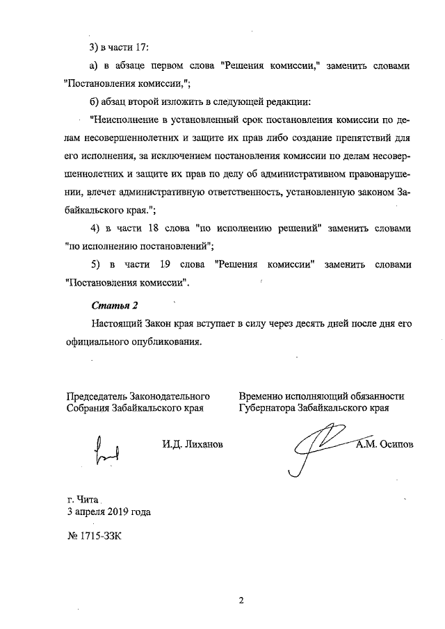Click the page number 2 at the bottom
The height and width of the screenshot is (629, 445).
click(239, 601)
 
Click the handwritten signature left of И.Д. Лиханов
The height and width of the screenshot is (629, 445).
click(106, 450)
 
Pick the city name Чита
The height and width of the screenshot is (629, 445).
click(90, 499)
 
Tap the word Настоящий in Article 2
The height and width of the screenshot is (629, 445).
click(118, 324)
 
